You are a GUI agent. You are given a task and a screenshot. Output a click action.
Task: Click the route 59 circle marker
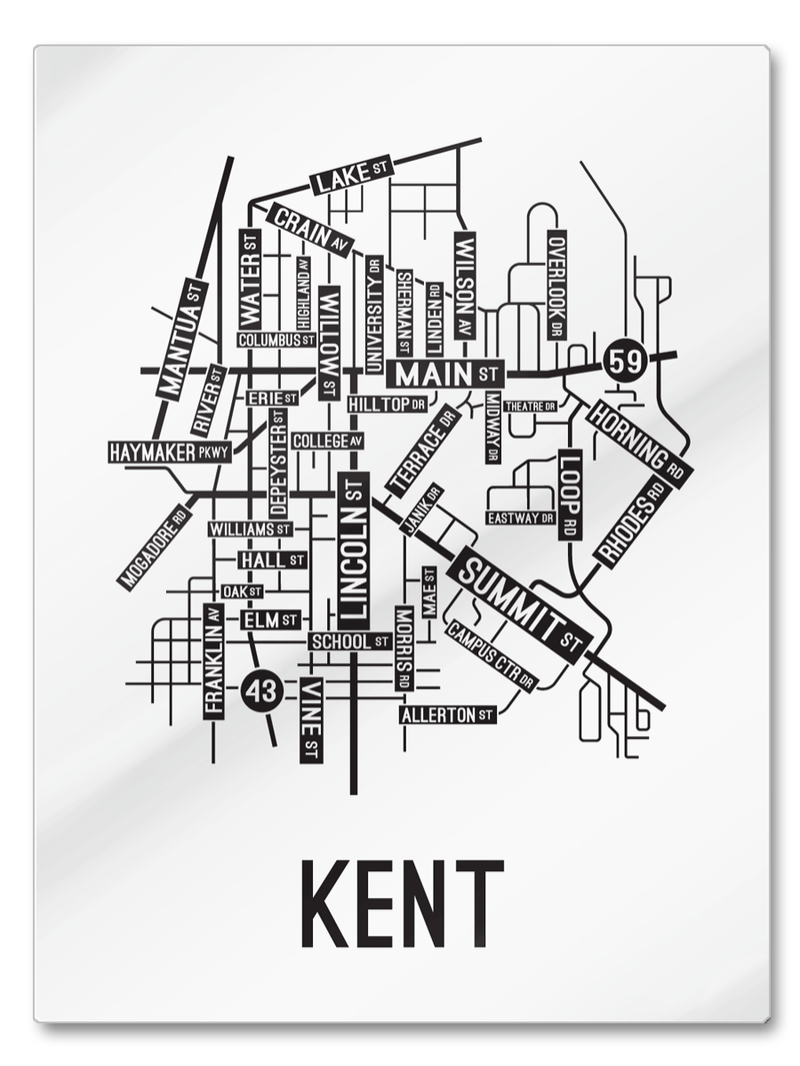point(625,361)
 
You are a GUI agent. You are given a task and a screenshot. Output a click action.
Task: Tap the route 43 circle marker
point(262,690)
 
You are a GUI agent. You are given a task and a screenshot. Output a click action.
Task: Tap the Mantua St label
point(181,340)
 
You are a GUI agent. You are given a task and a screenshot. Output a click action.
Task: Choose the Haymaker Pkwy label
point(169,452)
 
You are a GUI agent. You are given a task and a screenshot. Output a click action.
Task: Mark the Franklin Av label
point(213,660)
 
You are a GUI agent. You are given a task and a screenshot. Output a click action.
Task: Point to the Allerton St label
point(448,714)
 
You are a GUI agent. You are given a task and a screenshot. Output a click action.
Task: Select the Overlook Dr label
point(557,285)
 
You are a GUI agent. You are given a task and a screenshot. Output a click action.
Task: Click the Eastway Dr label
point(520,518)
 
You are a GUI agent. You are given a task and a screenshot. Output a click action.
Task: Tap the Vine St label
point(311,719)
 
